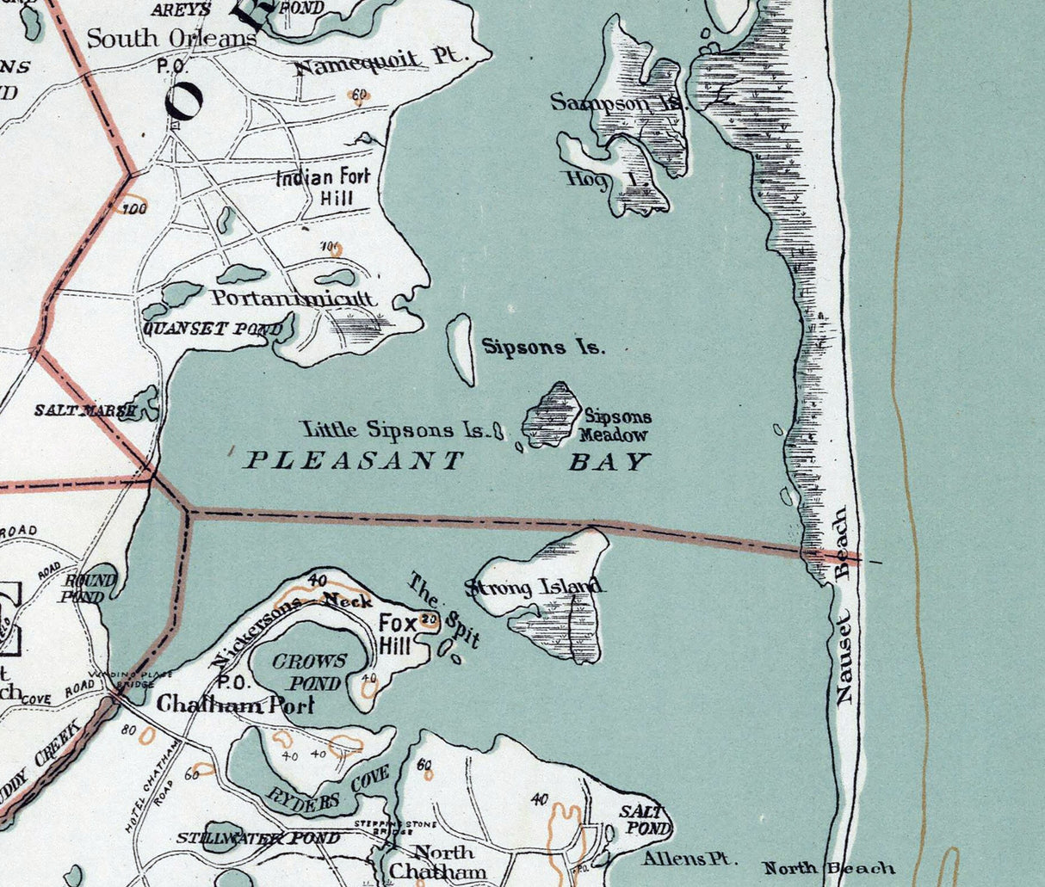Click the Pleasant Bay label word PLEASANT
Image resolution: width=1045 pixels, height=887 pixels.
tap(355, 461)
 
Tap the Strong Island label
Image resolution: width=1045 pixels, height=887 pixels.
tap(534, 588)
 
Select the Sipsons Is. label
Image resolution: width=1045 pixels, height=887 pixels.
tap(543, 348)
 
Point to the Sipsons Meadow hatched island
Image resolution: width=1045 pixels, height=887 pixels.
tap(554, 415)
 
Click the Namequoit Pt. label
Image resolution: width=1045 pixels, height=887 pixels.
tap(380, 60)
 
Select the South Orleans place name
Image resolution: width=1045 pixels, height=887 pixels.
tap(171, 39)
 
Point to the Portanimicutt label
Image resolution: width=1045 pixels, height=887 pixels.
tap(294, 299)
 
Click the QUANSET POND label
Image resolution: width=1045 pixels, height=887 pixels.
tap(213, 330)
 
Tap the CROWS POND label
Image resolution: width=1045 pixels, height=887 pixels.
tap(309, 672)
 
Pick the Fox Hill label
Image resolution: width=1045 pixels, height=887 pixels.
tap(398, 635)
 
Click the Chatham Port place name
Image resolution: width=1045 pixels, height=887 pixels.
tap(235, 705)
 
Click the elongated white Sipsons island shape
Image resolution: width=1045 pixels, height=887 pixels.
tap(462, 349)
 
